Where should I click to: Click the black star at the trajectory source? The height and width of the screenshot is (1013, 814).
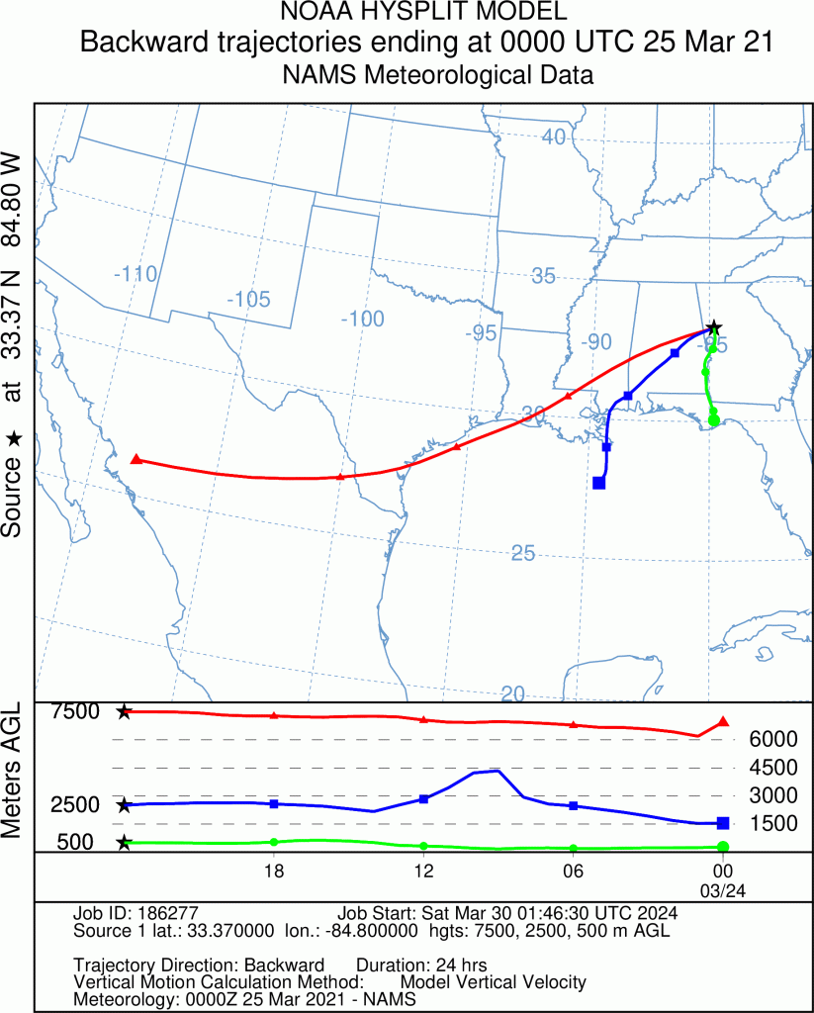[714, 327]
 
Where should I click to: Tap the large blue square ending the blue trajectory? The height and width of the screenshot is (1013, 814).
[598, 483]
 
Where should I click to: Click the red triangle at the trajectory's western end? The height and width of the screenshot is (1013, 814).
[136, 459]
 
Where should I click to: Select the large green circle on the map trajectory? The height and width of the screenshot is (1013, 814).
[715, 420]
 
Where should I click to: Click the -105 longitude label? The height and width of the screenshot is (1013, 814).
[247, 299]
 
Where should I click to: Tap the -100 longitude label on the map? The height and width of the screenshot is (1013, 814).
[361, 319]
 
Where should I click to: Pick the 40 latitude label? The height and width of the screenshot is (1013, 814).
[553, 137]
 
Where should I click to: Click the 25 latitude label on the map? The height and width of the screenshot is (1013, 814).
[523, 553]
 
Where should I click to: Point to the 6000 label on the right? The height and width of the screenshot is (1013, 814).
[772, 739]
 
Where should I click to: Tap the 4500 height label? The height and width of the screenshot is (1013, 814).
[772, 767]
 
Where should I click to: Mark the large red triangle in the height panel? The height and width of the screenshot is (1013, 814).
[723, 722]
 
